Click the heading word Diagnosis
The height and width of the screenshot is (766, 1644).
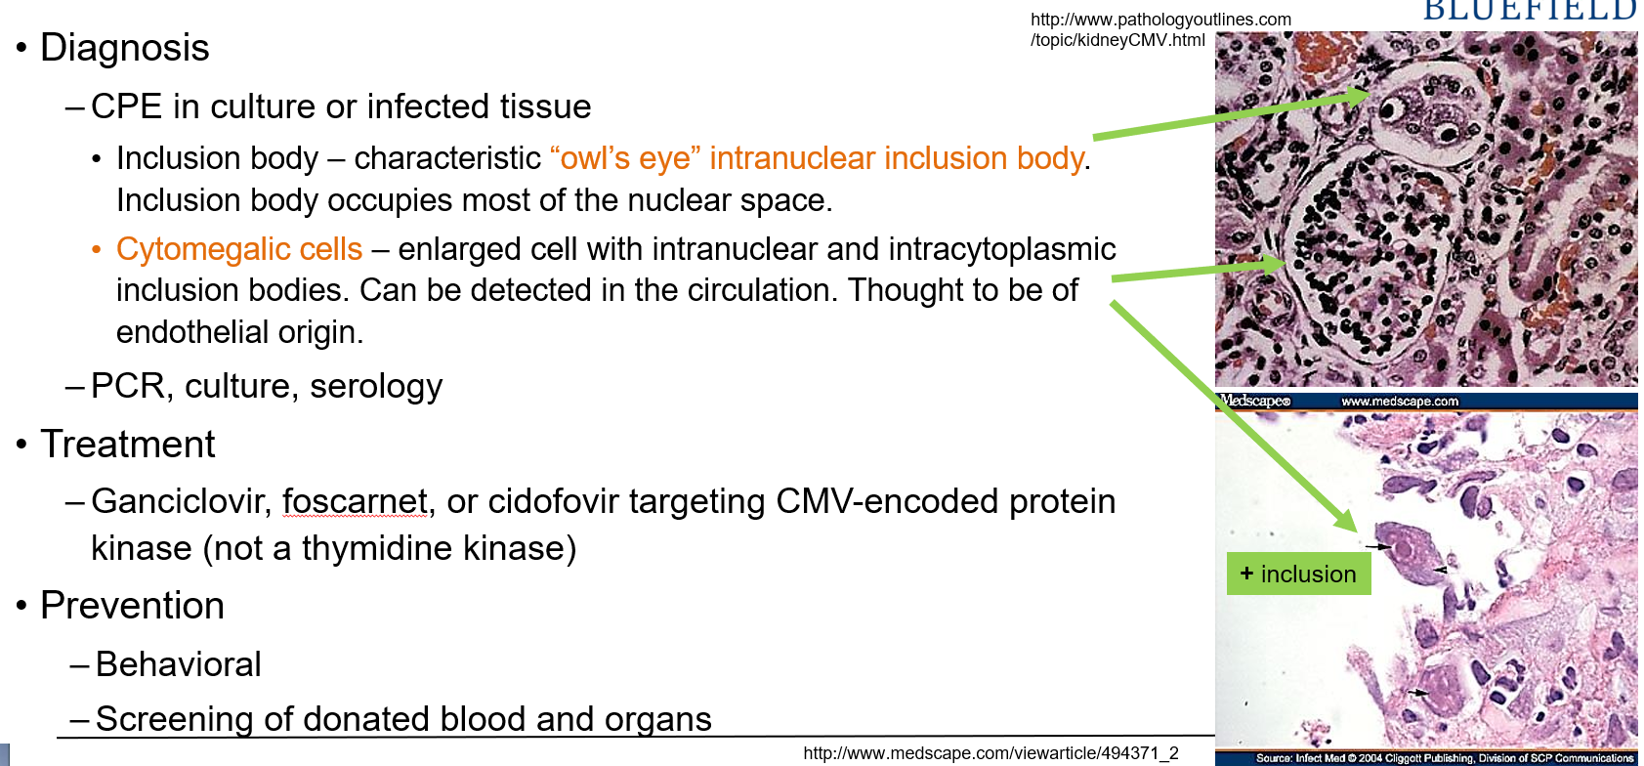(x=124, y=48)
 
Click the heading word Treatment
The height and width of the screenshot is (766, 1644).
(x=127, y=445)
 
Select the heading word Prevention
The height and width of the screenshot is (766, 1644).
(x=132, y=606)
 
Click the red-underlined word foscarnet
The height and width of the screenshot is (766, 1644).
(x=355, y=501)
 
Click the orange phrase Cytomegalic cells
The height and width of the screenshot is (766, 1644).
(x=239, y=249)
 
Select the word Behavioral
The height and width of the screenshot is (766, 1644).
(x=179, y=664)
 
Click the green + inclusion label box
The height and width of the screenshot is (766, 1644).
(x=1298, y=574)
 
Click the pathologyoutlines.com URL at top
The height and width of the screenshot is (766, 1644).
(x=1159, y=29)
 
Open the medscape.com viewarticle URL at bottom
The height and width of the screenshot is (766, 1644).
(x=991, y=753)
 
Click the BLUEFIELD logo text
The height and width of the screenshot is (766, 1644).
(x=1530, y=10)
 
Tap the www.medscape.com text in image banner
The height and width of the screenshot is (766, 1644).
(x=1399, y=402)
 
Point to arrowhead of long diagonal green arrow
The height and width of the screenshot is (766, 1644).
(x=1349, y=523)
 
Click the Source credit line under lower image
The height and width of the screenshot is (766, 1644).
(x=1444, y=758)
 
